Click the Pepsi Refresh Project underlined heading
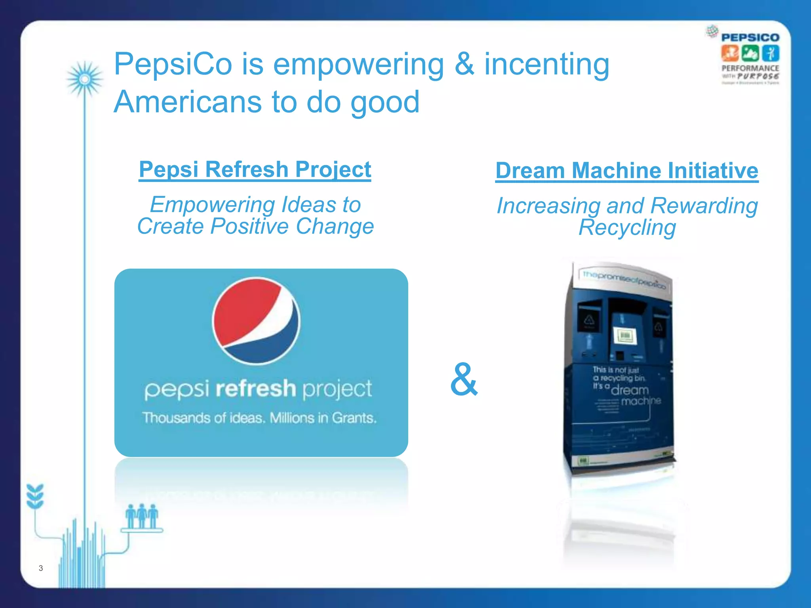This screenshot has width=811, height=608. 255,170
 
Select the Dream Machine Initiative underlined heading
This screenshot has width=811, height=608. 627,171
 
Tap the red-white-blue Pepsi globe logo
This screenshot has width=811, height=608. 256,321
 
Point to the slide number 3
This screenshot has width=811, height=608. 41,568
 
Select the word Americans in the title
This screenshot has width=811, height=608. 187,102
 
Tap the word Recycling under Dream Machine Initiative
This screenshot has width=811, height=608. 627,228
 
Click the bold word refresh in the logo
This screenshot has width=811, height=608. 256,388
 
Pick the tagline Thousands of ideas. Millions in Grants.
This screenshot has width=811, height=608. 259,418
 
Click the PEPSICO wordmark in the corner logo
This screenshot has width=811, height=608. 750,38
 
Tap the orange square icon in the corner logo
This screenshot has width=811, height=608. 729,53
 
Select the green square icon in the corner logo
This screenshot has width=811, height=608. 750,53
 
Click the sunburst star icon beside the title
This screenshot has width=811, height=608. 84,80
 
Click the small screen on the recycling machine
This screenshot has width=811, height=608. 625,336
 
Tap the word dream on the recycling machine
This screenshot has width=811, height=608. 630,390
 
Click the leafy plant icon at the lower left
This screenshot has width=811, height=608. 35,496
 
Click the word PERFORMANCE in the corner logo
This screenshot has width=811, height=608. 750,68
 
